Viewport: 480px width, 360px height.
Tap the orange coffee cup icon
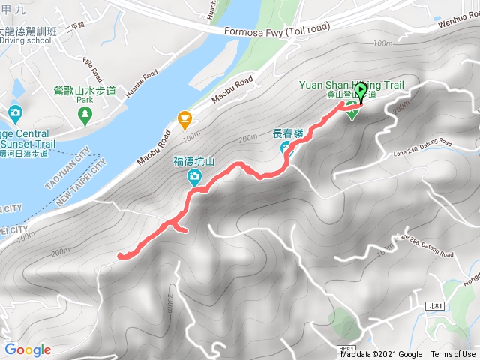coord(184,118)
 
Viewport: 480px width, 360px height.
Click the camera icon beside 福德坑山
coord(194,177)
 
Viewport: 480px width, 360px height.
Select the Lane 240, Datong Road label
coord(423,148)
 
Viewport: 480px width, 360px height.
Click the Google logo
coord(28,349)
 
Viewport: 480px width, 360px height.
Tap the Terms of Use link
coord(453,355)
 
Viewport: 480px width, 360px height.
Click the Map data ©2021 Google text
coord(381,355)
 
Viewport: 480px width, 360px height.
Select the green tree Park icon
coord(84,113)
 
